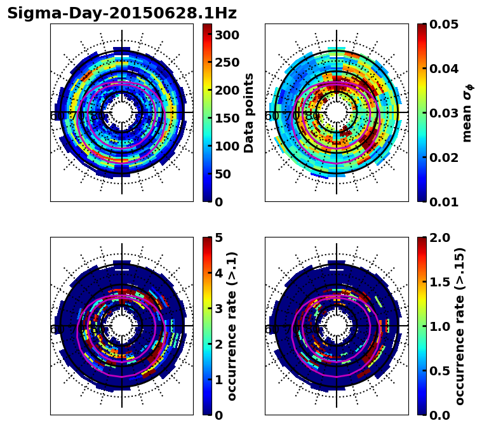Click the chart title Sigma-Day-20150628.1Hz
pyautogui.click(x=121, y=13)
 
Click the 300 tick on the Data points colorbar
pyautogui.click(x=225, y=34)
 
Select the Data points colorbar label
pyautogui.click(x=249, y=112)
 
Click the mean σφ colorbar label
pyautogui.click(x=467, y=112)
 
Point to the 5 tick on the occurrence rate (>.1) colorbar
pyautogui.click(x=219, y=237)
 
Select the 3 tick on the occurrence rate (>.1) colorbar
pyautogui.click(x=219, y=309)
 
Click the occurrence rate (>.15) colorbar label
pyautogui.click(x=460, y=326)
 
